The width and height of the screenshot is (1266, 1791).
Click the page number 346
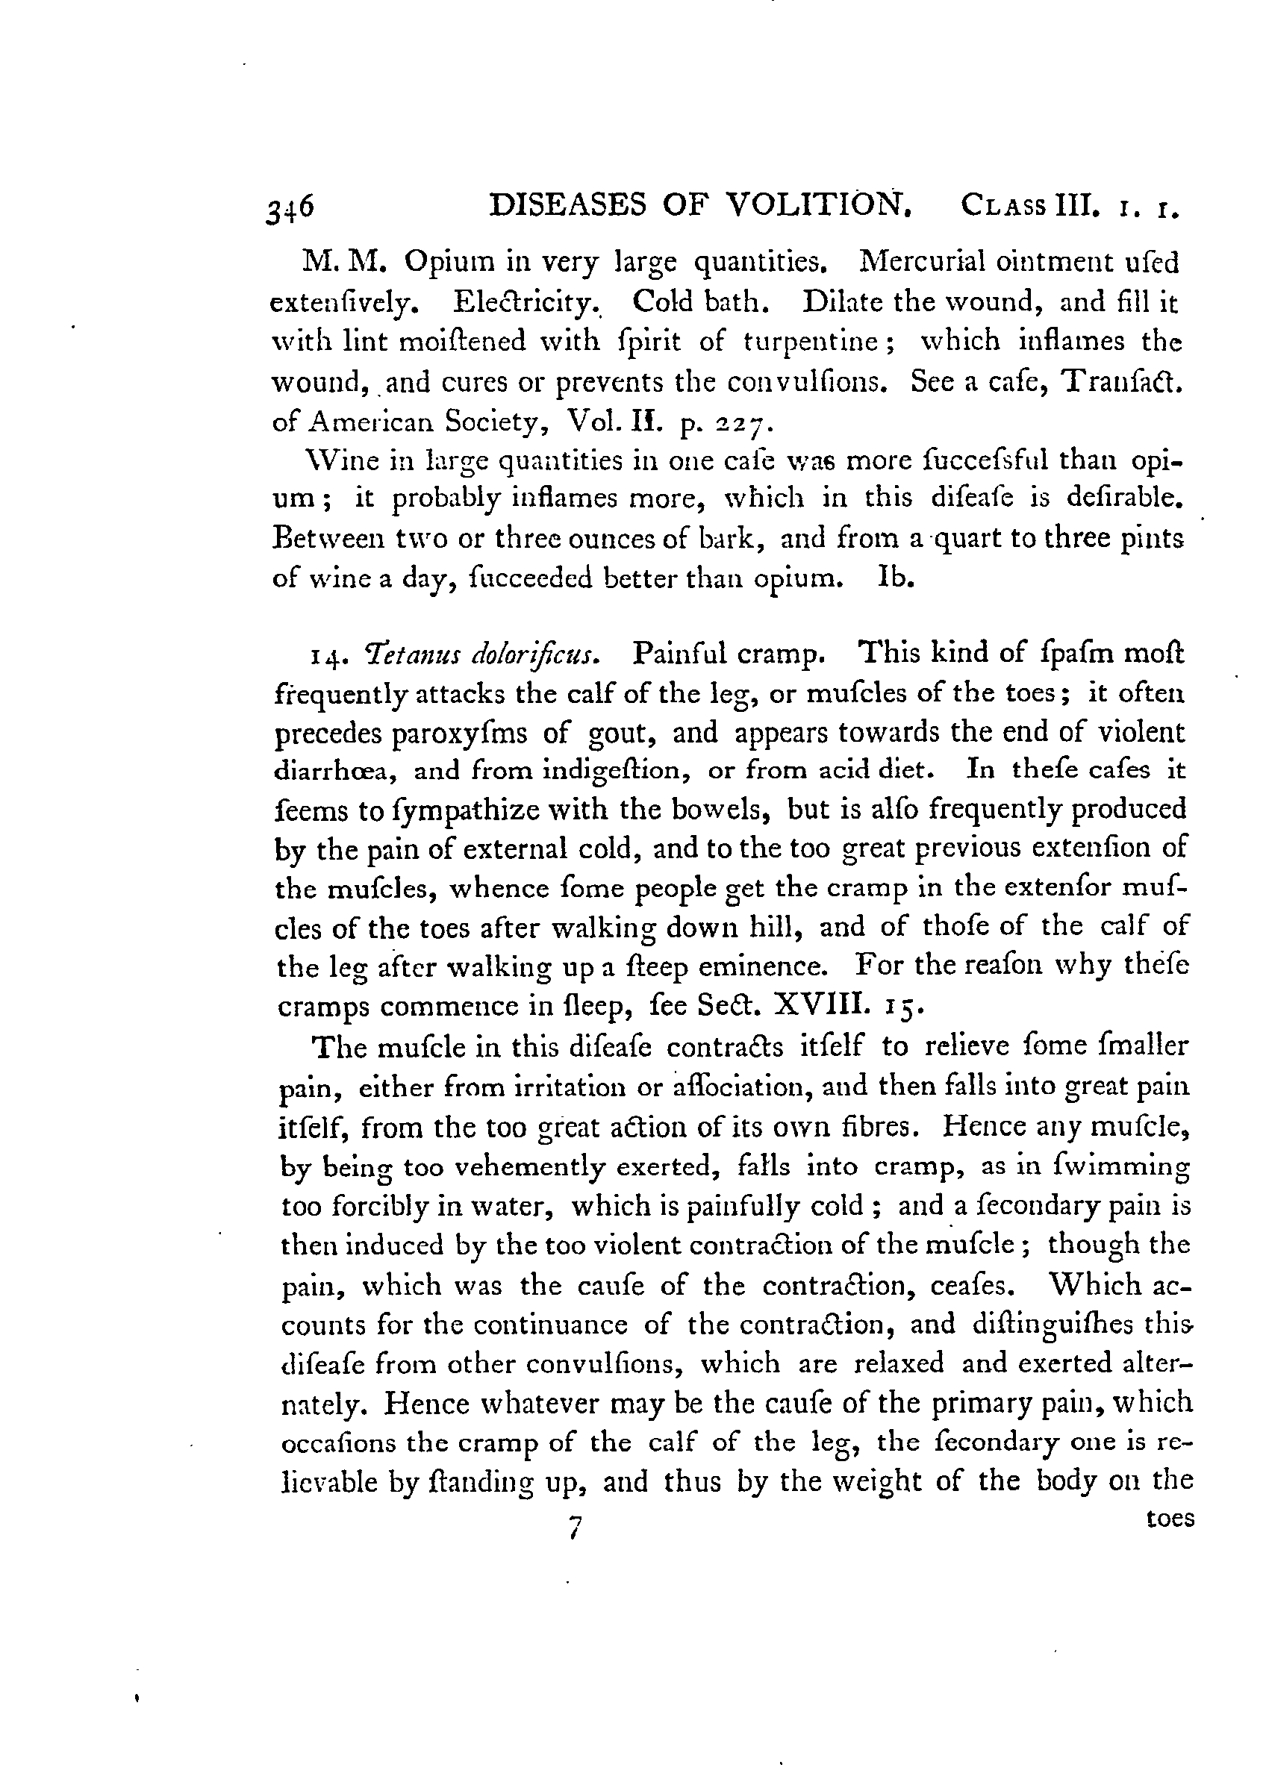pos(290,208)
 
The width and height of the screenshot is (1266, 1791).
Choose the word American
pos(370,422)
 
